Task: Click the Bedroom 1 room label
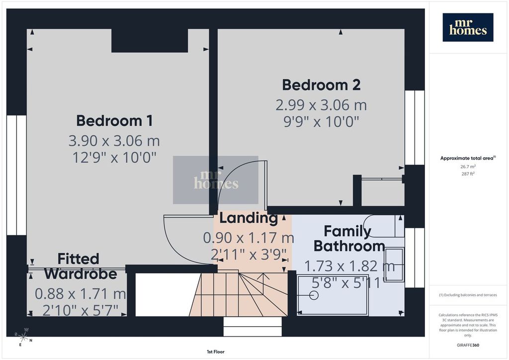point(114,121)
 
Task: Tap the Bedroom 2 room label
point(321,85)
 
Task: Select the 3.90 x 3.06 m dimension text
point(114,141)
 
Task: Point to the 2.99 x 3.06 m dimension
point(321,105)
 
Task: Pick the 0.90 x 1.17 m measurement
point(249,238)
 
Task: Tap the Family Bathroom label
point(349,239)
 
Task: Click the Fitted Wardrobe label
point(81,266)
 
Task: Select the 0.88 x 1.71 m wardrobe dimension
point(80,294)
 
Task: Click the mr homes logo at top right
point(468,27)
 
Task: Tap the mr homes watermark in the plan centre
point(216,180)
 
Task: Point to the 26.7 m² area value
point(468,167)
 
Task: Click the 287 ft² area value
point(468,174)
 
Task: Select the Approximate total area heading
point(468,158)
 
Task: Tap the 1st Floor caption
point(216,352)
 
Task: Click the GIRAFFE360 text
point(468,345)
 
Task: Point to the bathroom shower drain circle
point(314,295)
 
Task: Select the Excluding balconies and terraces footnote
point(468,295)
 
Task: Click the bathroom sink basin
point(394,264)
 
